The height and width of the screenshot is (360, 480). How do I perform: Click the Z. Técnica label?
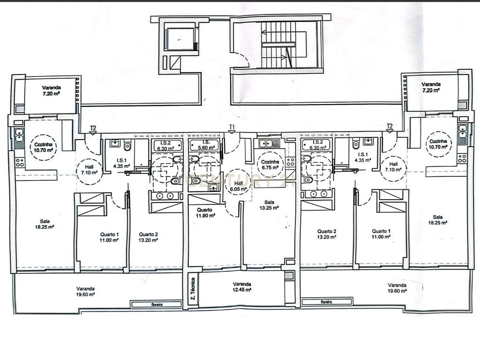click(x=193, y=289)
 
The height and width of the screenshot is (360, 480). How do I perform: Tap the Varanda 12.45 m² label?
click(x=242, y=287)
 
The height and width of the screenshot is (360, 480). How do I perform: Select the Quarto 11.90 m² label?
click(x=205, y=213)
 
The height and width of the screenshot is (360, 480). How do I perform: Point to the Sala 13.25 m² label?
click(x=270, y=205)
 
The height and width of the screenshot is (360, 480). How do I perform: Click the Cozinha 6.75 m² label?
click(x=270, y=165)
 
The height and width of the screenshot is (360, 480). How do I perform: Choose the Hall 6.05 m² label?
click(x=239, y=186)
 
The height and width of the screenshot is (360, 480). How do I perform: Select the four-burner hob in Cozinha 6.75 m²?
click(x=290, y=162)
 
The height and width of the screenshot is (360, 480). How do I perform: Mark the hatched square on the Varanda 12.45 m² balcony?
click(x=289, y=276)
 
